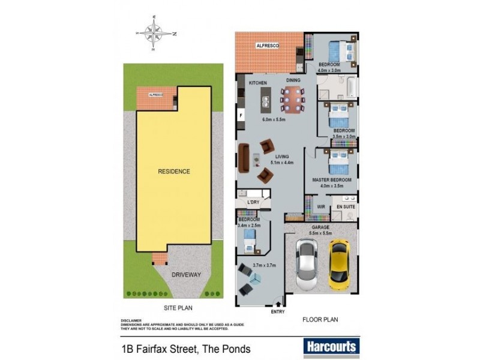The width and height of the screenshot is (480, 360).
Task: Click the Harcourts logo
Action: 332,346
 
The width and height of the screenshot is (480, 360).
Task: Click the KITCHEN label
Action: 250,82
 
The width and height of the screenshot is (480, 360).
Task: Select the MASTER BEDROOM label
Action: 331,179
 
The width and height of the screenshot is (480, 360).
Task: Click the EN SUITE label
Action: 346,207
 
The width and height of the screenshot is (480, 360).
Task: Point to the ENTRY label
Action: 278,312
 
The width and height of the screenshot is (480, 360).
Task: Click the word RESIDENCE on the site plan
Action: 174,172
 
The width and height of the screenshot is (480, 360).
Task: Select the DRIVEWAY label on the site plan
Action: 186,275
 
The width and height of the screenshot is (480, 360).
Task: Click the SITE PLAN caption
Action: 178,308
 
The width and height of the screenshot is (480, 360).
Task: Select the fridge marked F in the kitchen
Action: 241,114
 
